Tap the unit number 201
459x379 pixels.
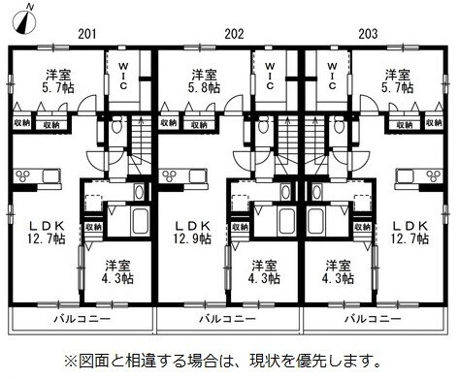coord(87,34)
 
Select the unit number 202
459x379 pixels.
coord(234,34)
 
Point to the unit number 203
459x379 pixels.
coord(368,34)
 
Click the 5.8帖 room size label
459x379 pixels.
coord(204,88)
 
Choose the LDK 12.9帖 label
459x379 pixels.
coord(192,233)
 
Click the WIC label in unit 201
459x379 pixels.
coord(123,77)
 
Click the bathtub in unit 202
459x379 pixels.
coord(287,222)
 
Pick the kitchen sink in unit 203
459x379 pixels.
coord(406,176)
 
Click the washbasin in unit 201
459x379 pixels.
coord(140,192)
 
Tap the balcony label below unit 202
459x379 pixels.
coord(227,319)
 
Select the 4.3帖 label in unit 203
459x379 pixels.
coord(338,278)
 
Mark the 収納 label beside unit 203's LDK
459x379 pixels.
coord(362,227)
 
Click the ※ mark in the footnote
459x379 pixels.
coord(71,361)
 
